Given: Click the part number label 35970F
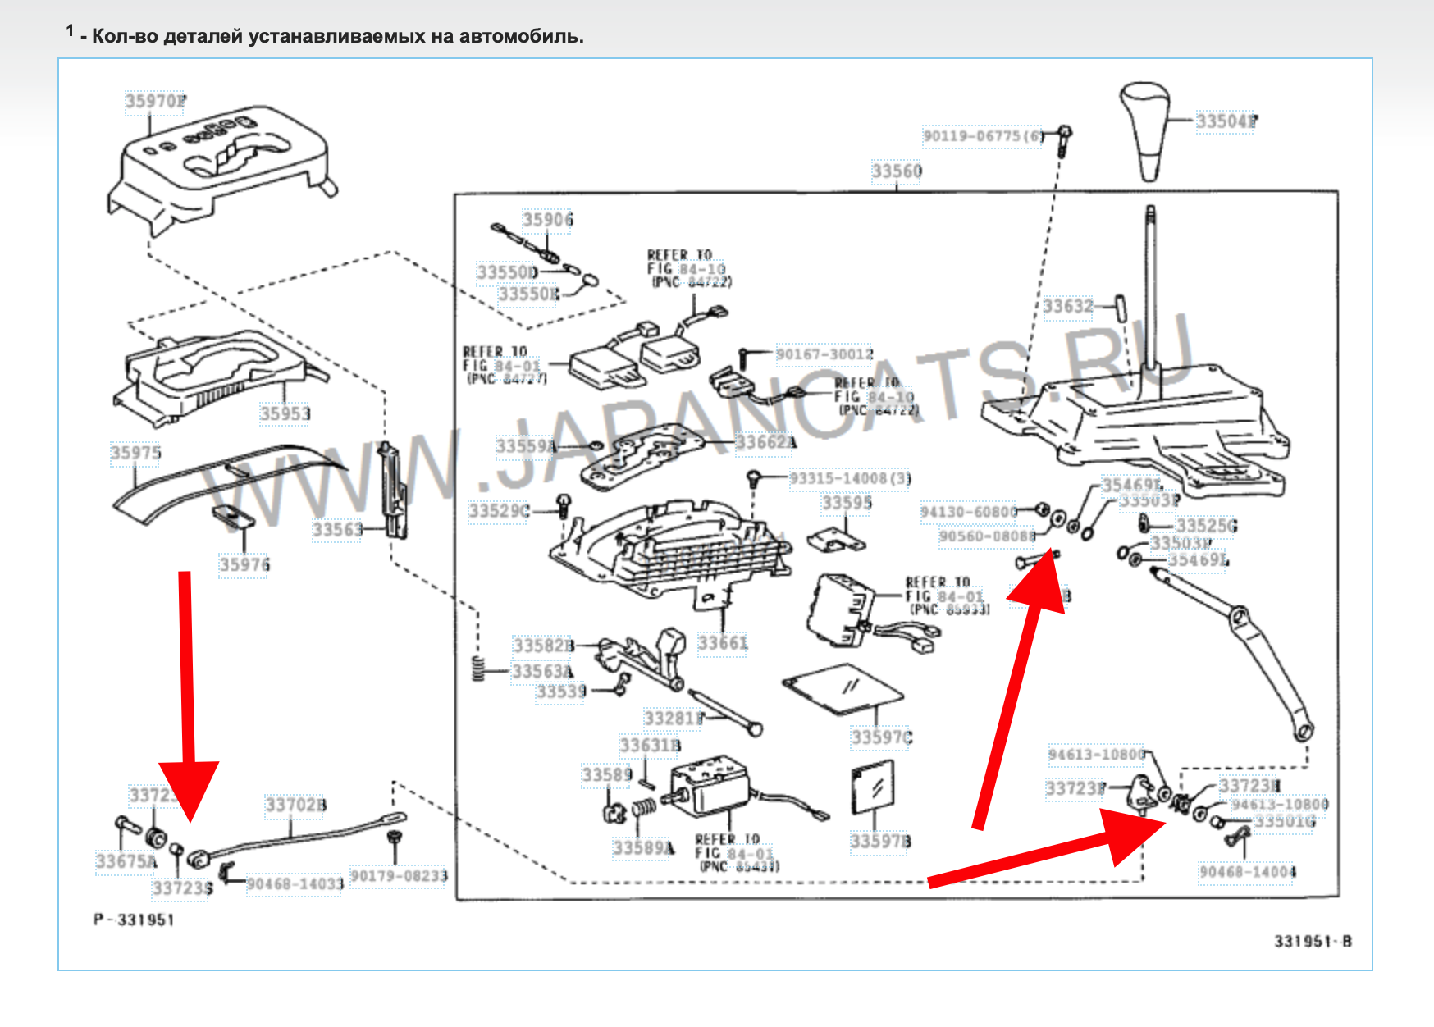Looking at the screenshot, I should pyautogui.click(x=155, y=101).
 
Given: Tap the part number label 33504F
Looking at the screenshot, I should pyautogui.click(x=1226, y=121).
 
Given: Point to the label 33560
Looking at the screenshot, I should pyautogui.click(x=897, y=171).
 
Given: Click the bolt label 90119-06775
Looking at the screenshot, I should pyautogui.click(x=984, y=136).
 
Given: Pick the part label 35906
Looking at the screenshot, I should pyautogui.click(x=548, y=219).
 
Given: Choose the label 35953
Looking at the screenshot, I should pyautogui.click(x=285, y=413).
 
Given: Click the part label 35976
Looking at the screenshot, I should pyautogui.click(x=244, y=564).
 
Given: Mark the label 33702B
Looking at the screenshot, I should pyautogui.click(x=295, y=805).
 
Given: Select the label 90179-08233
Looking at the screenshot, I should pyautogui.click(x=400, y=876).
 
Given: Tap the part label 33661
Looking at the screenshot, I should pyautogui.click(x=723, y=643).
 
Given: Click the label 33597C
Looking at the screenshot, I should pyautogui.click(x=882, y=737).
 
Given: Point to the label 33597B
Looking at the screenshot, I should pyautogui.click(x=880, y=842).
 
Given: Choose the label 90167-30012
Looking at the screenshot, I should pyautogui.click(x=824, y=354).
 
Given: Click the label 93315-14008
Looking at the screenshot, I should pyautogui.click(x=850, y=478).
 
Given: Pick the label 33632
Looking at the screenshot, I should pyautogui.click(x=1068, y=307).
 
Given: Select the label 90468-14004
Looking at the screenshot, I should pyautogui.click(x=1247, y=871).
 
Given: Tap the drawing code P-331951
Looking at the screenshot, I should pyautogui.click(x=134, y=920).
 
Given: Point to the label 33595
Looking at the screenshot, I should pyautogui.click(x=847, y=502).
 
